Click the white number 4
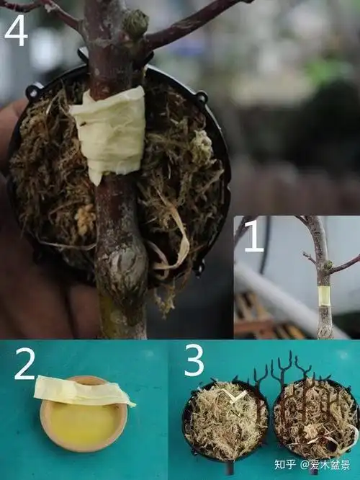pos(16,30)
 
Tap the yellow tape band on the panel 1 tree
pos(324,295)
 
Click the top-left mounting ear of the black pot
pos(32,92)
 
